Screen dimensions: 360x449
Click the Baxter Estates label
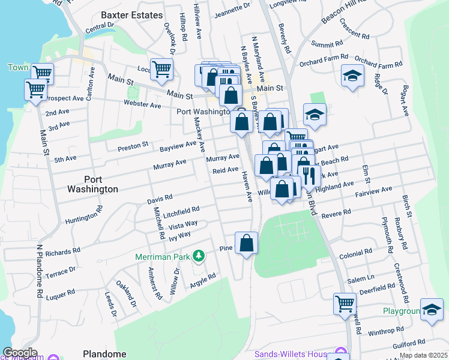[131, 14]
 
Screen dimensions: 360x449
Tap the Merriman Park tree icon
[198, 257]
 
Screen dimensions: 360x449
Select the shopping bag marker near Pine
[246, 243]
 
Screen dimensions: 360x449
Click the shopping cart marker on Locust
[161, 69]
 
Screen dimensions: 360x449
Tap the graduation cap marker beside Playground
[432, 309]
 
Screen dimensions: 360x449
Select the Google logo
[19, 353]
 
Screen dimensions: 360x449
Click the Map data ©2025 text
[423, 355]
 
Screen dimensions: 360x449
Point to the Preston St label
[133, 145]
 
